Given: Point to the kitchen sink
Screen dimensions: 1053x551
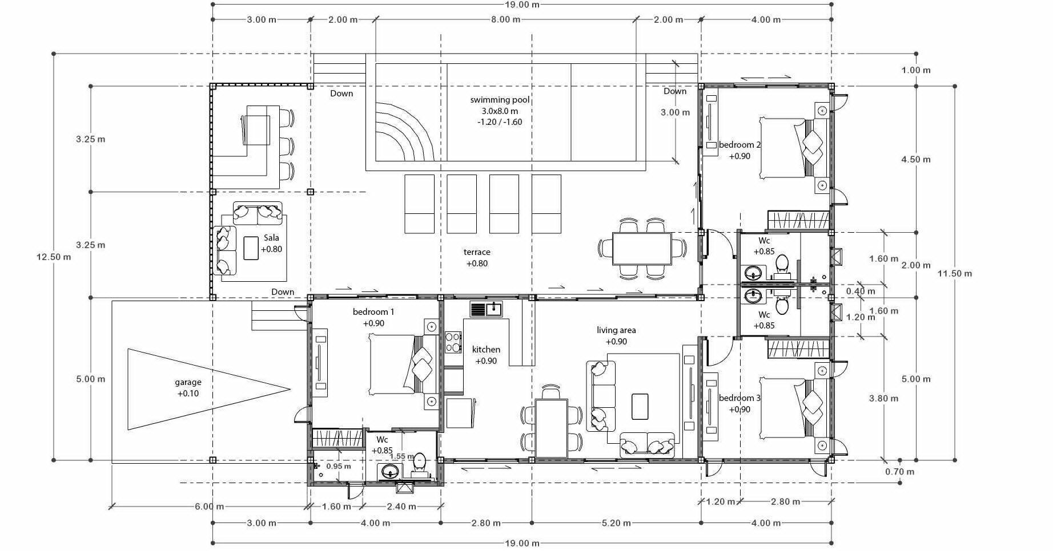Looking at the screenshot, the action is [486, 310].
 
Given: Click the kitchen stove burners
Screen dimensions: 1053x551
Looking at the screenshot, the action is [453, 342].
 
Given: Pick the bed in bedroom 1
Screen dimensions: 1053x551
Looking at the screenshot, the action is [403, 364].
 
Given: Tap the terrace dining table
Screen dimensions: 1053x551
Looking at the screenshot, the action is [642, 249].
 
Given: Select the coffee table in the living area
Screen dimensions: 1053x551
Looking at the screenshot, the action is [640, 407].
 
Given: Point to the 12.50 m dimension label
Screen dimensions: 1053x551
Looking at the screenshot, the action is [54, 257].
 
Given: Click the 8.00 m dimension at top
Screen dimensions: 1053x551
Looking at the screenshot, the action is [505, 19].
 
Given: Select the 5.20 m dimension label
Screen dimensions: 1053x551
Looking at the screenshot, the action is [616, 522].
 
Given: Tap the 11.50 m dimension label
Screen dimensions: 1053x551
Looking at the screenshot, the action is [954, 273].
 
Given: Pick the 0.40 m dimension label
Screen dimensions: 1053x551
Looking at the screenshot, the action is [861, 291].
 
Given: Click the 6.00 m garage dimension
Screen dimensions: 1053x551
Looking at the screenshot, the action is [209, 507].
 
